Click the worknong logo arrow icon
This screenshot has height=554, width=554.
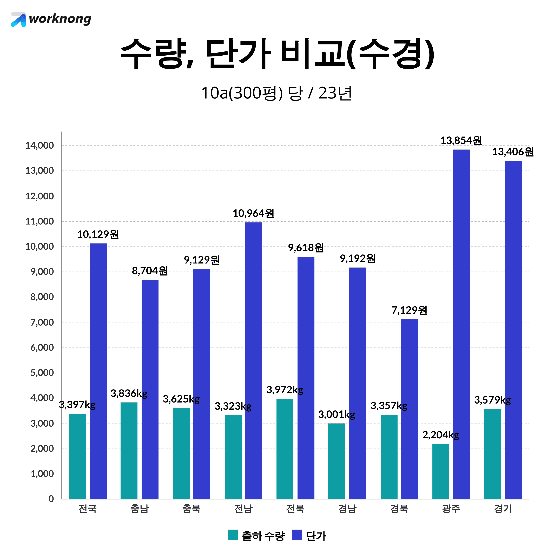point(18,19)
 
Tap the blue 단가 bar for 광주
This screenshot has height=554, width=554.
point(461,324)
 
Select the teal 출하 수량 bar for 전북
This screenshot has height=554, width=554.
point(285,449)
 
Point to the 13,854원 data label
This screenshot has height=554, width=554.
point(461,141)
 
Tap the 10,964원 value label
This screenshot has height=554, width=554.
point(253,213)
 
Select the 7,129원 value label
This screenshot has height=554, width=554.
point(409,310)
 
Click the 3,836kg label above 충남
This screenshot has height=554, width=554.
point(129,393)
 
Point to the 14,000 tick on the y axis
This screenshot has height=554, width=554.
point(39,146)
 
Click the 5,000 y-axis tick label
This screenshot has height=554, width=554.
point(42,373)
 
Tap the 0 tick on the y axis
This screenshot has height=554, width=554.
point(51,499)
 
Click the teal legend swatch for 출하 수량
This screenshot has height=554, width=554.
point(233,535)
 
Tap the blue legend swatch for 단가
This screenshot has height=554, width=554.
point(297,535)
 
